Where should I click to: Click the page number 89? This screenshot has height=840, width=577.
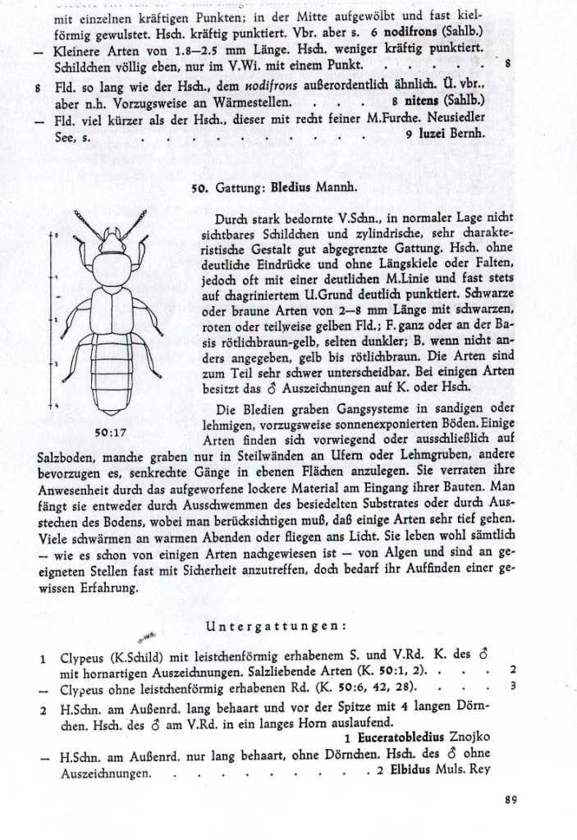[x=511, y=801]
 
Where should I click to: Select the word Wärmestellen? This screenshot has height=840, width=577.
[x=247, y=101]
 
